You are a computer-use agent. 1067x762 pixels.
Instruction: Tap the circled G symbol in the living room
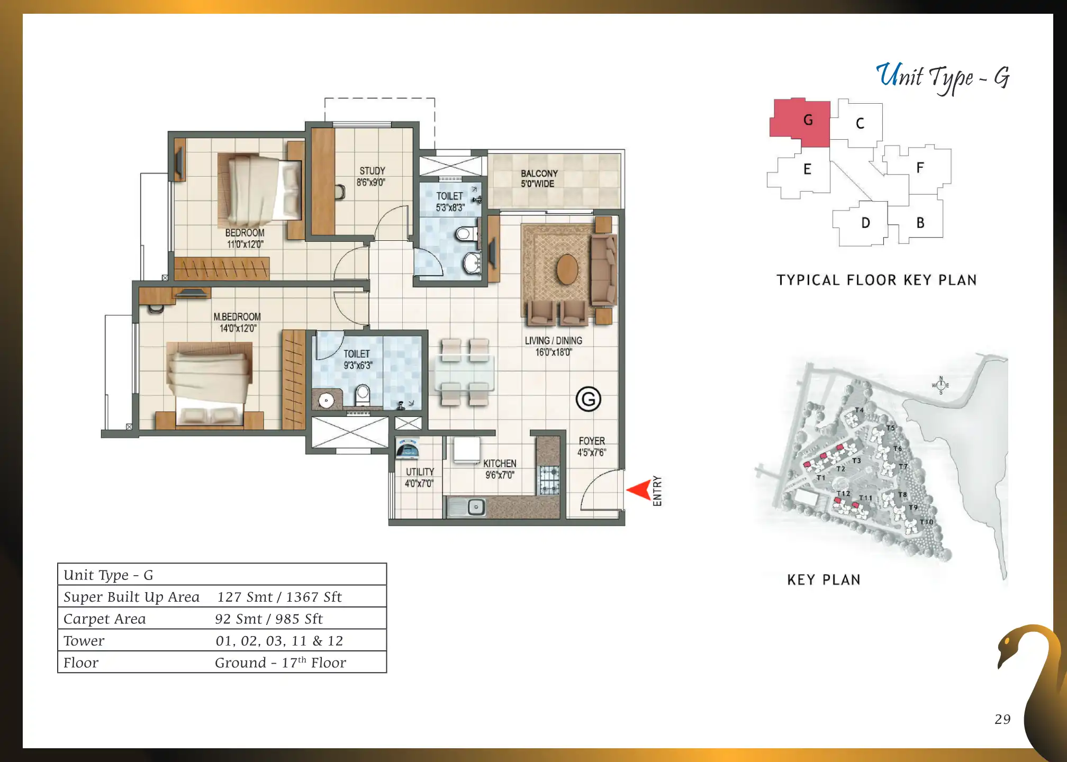589,399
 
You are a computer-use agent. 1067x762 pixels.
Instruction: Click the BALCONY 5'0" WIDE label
539,179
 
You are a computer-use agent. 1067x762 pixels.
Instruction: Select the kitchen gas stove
549,480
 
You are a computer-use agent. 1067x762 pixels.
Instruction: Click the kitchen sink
466,507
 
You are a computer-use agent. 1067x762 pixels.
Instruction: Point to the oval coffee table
567,269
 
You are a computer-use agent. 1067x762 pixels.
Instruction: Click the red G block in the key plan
800,122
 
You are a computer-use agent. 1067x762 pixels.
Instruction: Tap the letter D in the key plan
866,223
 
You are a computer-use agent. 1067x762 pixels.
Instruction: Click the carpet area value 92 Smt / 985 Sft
269,619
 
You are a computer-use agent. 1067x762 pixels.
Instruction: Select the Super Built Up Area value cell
279,597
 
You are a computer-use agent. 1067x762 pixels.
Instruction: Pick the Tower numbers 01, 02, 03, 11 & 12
279,641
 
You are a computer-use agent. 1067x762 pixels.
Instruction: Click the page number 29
1002,719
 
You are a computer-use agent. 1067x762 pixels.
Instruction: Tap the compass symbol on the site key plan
941,385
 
